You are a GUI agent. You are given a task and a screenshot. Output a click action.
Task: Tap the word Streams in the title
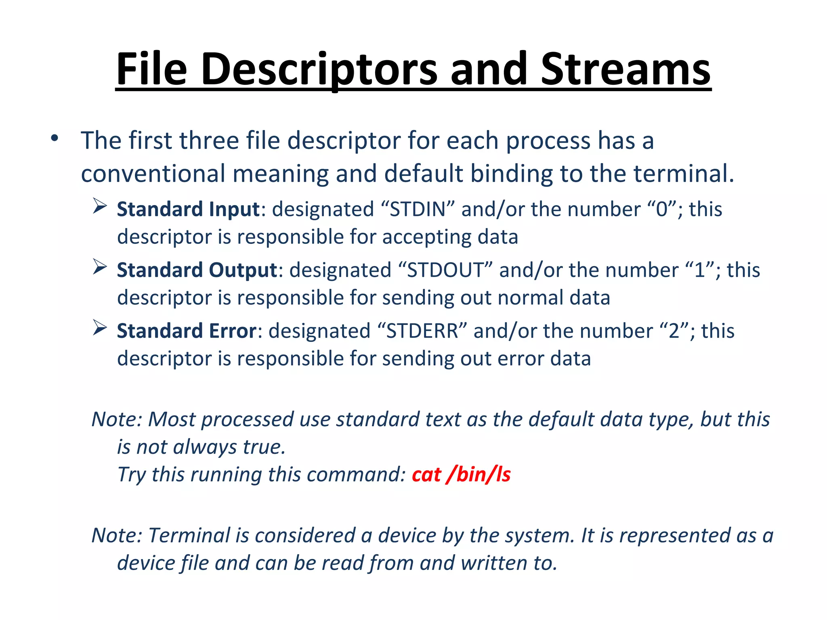click(625, 69)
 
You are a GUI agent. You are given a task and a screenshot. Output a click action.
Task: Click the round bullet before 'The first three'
click(55, 138)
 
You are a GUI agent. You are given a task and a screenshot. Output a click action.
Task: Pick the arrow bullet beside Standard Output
click(99, 267)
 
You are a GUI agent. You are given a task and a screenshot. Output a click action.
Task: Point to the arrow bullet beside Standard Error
click(99, 327)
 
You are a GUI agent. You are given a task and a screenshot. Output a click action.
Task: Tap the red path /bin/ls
click(479, 475)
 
